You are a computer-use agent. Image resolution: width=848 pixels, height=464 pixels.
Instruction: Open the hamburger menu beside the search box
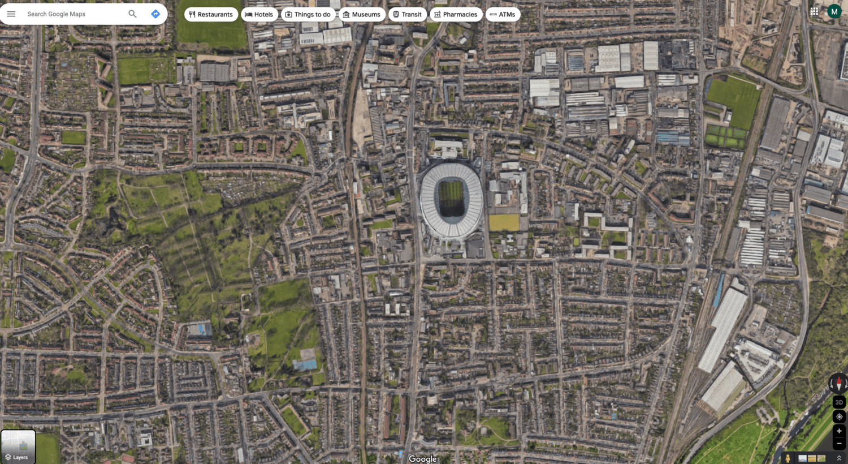[11, 14]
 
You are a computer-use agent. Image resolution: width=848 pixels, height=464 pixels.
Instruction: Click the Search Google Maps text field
[73, 14]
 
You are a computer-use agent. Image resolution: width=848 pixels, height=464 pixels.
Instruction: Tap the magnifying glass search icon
[132, 14]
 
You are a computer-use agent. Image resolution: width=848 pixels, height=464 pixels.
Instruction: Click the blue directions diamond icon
[155, 14]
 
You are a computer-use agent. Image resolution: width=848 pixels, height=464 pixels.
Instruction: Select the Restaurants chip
[211, 15]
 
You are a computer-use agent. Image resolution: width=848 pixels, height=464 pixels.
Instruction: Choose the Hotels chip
[259, 15]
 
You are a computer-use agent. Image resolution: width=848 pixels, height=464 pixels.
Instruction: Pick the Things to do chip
[308, 15]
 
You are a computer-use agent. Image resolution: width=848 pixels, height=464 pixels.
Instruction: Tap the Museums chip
[362, 15]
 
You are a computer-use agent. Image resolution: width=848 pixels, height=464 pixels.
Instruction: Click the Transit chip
[407, 15]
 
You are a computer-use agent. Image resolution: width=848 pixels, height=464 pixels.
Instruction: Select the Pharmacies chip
[456, 15]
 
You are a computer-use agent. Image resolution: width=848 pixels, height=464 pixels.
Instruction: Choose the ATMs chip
[503, 15]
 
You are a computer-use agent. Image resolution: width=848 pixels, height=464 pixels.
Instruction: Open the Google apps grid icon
[814, 11]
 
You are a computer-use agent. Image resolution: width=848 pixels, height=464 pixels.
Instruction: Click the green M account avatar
[834, 11]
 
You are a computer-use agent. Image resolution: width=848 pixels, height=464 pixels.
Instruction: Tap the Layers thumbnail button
[18, 446]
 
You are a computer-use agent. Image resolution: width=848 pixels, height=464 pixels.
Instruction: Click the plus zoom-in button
[839, 431]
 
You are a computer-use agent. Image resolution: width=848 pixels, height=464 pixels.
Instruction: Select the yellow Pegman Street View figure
[788, 458]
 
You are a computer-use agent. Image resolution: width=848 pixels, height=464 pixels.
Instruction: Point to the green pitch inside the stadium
[451, 197]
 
